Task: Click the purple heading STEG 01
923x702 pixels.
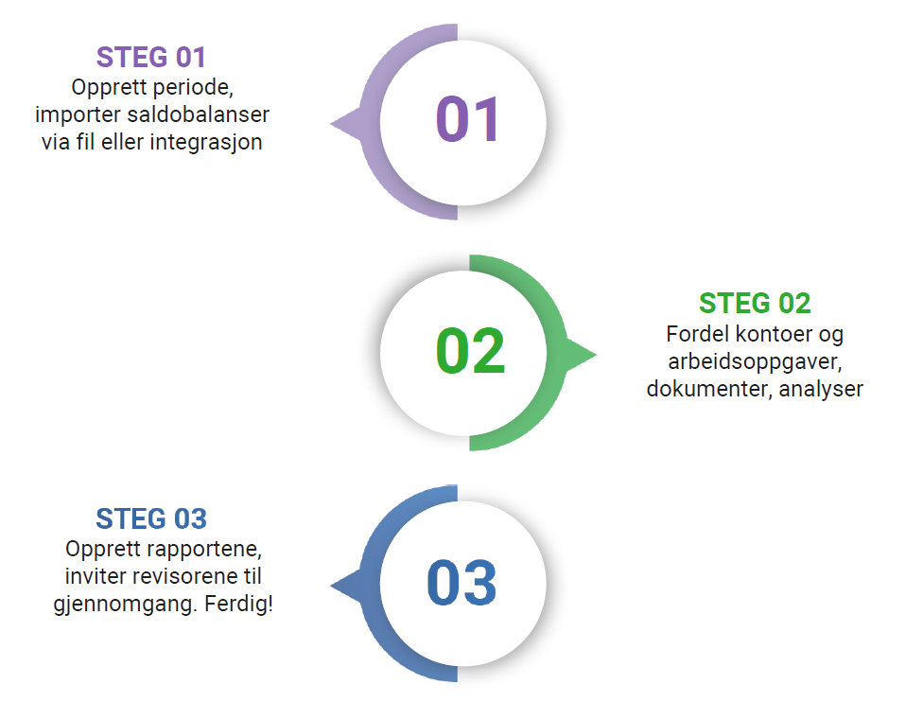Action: point(150,57)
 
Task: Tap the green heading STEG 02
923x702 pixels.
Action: point(755,304)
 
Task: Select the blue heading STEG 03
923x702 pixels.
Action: point(151,518)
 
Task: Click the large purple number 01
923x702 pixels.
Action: point(468,119)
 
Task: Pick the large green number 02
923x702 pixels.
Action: point(470,351)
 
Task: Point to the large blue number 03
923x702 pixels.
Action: point(462,583)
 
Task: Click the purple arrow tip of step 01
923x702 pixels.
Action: point(331,124)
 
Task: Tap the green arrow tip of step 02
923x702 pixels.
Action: point(596,355)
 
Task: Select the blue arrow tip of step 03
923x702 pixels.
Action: point(331,586)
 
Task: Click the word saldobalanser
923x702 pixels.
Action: point(198,114)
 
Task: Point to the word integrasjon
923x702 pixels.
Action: point(206,143)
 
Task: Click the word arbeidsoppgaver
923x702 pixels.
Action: point(756,361)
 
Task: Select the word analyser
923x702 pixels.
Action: point(821,389)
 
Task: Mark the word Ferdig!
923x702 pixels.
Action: point(238,604)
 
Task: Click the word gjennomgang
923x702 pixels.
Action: point(126,605)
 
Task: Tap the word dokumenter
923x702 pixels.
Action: point(709,389)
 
